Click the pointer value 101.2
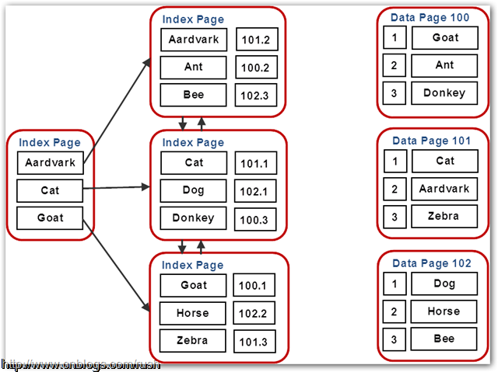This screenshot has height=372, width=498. click(256, 40)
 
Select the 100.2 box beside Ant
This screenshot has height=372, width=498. click(256, 68)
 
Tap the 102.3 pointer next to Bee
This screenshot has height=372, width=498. click(256, 96)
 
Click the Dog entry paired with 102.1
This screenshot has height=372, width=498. click(193, 190)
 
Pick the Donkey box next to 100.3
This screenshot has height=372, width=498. click(193, 218)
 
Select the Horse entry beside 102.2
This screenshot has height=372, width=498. click(192, 313)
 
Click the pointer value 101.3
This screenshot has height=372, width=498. click(254, 341)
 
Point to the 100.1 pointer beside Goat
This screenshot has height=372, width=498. click(254, 286)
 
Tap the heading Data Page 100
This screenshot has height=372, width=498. click(430, 17)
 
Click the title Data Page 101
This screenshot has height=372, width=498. click(431, 141)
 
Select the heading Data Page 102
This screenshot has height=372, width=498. click(431, 263)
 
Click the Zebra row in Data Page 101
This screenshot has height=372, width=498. click(444, 217)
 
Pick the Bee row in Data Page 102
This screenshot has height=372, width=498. click(444, 339)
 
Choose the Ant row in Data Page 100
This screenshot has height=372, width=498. click(444, 65)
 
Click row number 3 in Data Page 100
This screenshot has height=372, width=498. click(395, 93)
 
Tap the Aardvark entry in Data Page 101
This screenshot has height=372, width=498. click(444, 189)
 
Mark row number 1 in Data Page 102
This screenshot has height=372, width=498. click(395, 283)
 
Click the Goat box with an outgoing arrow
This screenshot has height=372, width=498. click(50, 218)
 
